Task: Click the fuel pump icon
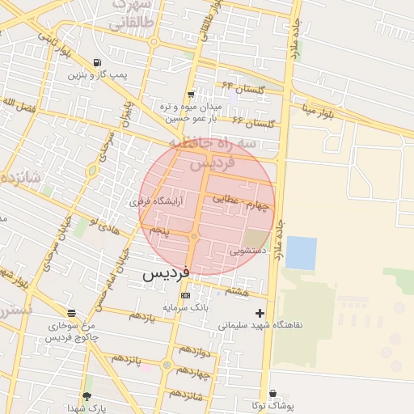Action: point(98,63)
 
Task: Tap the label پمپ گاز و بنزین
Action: point(98,75)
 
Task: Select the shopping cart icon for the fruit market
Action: point(190,95)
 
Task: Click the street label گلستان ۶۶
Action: point(253,122)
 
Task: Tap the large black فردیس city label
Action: point(166,273)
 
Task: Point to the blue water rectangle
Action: point(301,253)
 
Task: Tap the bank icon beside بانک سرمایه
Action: point(186,296)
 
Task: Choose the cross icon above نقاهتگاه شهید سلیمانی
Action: point(260,313)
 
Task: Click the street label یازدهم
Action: point(141,316)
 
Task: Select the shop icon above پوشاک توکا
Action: point(272,393)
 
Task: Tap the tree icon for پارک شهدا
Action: point(87,396)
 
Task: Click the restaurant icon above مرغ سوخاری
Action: point(73,312)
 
